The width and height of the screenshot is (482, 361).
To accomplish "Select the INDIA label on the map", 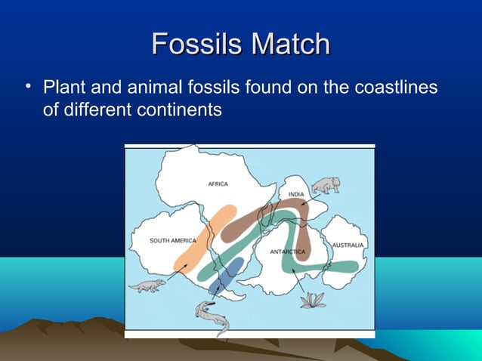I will [x=296, y=195].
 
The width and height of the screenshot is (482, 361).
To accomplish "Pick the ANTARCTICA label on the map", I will [x=287, y=251].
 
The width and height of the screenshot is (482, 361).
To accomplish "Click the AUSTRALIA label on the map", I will [x=349, y=245].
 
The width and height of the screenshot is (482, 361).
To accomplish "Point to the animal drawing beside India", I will [x=326, y=184].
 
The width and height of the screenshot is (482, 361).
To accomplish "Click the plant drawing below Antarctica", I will [x=311, y=300].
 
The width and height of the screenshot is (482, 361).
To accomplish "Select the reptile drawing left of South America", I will [x=146, y=285].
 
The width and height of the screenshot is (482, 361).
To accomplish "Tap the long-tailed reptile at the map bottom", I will [x=211, y=315].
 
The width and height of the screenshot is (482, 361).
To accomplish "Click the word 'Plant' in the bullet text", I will [x=63, y=87].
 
